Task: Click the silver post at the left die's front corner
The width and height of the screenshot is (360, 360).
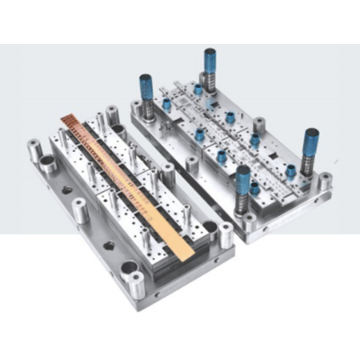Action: click(x=138, y=282)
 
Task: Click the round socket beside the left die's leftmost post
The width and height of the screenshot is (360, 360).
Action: click(x=49, y=166)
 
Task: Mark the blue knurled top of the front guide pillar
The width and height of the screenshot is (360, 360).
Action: click(x=243, y=174)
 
